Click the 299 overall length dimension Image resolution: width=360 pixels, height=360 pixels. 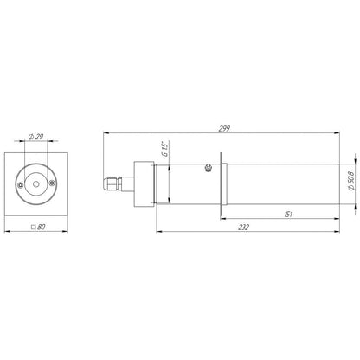[224, 128]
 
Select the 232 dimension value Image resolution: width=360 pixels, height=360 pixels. [244, 228]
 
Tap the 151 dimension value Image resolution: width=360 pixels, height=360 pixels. [288, 215]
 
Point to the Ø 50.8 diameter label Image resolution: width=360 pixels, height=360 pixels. [350, 181]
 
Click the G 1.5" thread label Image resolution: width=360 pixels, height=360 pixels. [165, 149]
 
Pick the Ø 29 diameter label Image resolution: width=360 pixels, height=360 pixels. [36, 137]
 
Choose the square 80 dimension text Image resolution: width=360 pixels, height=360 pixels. [38, 227]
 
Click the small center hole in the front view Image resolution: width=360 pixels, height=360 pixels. [36, 184]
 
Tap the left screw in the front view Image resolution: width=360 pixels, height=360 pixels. [20, 185]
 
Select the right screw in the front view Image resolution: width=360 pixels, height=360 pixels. [52, 183]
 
